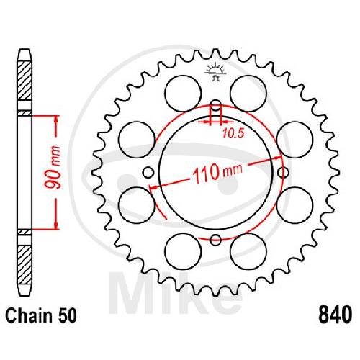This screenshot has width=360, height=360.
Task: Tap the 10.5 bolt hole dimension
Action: click(233, 133)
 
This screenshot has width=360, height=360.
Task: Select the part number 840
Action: click(335, 315)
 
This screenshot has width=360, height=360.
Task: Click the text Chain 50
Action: click(41, 315)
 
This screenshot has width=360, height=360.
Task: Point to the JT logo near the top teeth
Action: click(215, 71)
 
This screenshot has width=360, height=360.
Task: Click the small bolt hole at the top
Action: click(216, 105)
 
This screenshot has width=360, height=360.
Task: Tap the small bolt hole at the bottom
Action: click(215, 240)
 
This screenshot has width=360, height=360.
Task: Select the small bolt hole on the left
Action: click(148, 172)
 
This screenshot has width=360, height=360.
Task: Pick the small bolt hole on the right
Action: click(283, 172)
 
